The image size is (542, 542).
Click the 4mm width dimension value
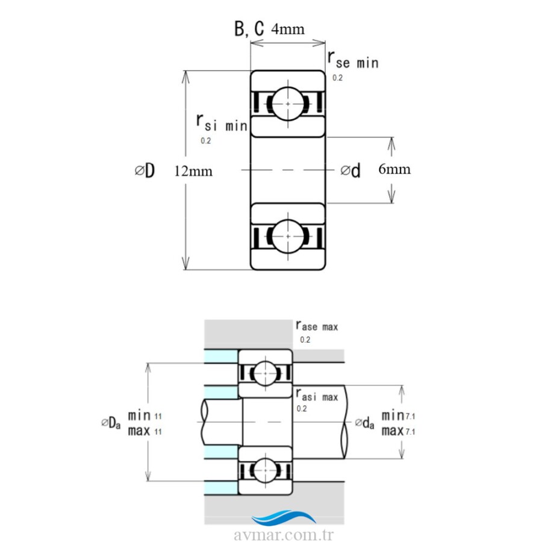pos(288,29)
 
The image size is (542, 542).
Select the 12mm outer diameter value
pos(193,171)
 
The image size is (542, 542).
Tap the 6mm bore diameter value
pos(394,169)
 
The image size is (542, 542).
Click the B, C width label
pos(249,28)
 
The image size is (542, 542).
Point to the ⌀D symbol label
pos(145,170)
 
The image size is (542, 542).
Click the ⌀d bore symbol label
pos(350,170)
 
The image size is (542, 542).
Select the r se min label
pos(353,60)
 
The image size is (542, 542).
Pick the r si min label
pos(222,123)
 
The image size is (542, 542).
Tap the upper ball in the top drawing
pos(288,104)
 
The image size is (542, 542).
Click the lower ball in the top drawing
pos(288,237)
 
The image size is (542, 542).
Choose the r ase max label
pos(317,326)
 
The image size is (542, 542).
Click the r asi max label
pos(317,394)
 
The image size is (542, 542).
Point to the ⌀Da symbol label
pos(111,422)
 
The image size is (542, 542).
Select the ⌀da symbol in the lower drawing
pos(365,422)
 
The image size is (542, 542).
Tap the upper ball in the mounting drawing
pos(266,373)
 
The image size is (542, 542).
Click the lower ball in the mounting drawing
pos(266,470)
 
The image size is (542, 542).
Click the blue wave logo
pos(284,517)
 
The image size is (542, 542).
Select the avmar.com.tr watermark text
pos(284,535)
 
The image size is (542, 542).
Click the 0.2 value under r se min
pos(337,78)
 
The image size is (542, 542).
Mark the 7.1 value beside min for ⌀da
pos(410,417)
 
